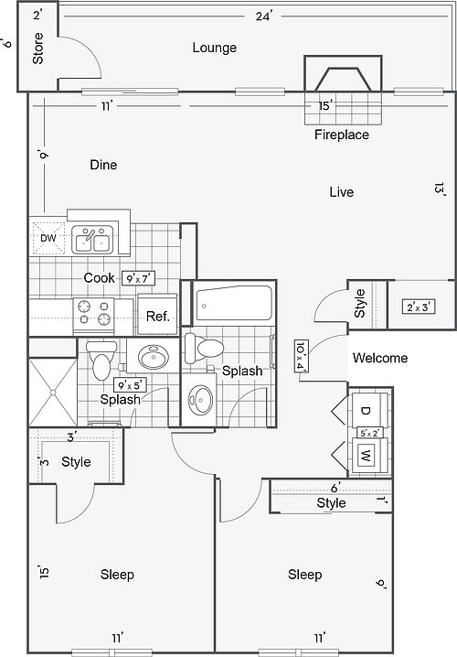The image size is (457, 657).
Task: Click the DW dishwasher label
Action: pyautogui.click(x=48, y=238)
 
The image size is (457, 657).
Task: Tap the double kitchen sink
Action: pyautogui.click(x=92, y=240)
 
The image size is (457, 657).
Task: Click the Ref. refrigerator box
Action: pyautogui.click(x=157, y=316)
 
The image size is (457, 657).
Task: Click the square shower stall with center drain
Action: pyautogui.click(x=53, y=393)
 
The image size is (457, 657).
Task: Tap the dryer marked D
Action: pyautogui.click(x=369, y=411)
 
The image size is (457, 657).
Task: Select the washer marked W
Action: pyautogui.click(x=369, y=456)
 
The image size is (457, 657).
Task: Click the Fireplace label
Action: pyautogui.click(x=342, y=135)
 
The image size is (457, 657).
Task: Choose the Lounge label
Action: pyautogui.click(x=214, y=48)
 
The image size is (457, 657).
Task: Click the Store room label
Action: pyautogui.click(x=37, y=48)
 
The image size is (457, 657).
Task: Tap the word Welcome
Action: pyautogui.click(x=380, y=358)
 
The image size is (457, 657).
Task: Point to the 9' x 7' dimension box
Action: pyautogui.click(x=139, y=278)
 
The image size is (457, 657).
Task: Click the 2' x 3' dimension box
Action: pyautogui.click(x=419, y=307)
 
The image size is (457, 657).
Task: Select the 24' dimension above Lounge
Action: pyautogui.click(x=264, y=16)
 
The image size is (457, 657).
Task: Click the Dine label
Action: pyautogui.click(x=103, y=165)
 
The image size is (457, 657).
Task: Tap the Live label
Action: pyautogui.click(x=342, y=192)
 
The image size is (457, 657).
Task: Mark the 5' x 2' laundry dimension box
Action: pyautogui.click(x=368, y=433)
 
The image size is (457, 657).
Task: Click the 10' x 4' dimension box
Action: pyautogui.click(x=302, y=356)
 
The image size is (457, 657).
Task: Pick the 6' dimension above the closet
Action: pyautogui.click(x=335, y=488)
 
